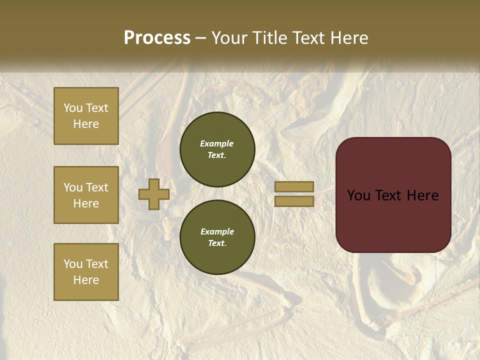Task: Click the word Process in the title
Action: pyautogui.click(x=157, y=38)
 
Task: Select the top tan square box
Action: pyautogui.click(x=86, y=116)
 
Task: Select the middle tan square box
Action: pyautogui.click(x=86, y=195)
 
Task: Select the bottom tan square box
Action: pyautogui.click(x=86, y=272)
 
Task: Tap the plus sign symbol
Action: pyautogui.click(x=154, y=194)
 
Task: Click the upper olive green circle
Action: pyautogui.click(x=217, y=149)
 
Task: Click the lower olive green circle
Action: pyautogui.click(x=217, y=237)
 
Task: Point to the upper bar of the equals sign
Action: pyautogui.click(x=294, y=187)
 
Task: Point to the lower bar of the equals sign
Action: pyautogui.click(x=294, y=201)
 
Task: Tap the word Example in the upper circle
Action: pyautogui.click(x=216, y=143)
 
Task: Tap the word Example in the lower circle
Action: pyautogui.click(x=217, y=231)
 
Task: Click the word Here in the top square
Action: pyautogui.click(x=86, y=124)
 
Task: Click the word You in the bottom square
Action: pyautogui.click(x=73, y=264)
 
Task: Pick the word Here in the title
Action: pyautogui.click(x=350, y=38)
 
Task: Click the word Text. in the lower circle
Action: pyautogui.click(x=217, y=243)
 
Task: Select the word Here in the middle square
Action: pyautogui.click(x=86, y=203)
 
